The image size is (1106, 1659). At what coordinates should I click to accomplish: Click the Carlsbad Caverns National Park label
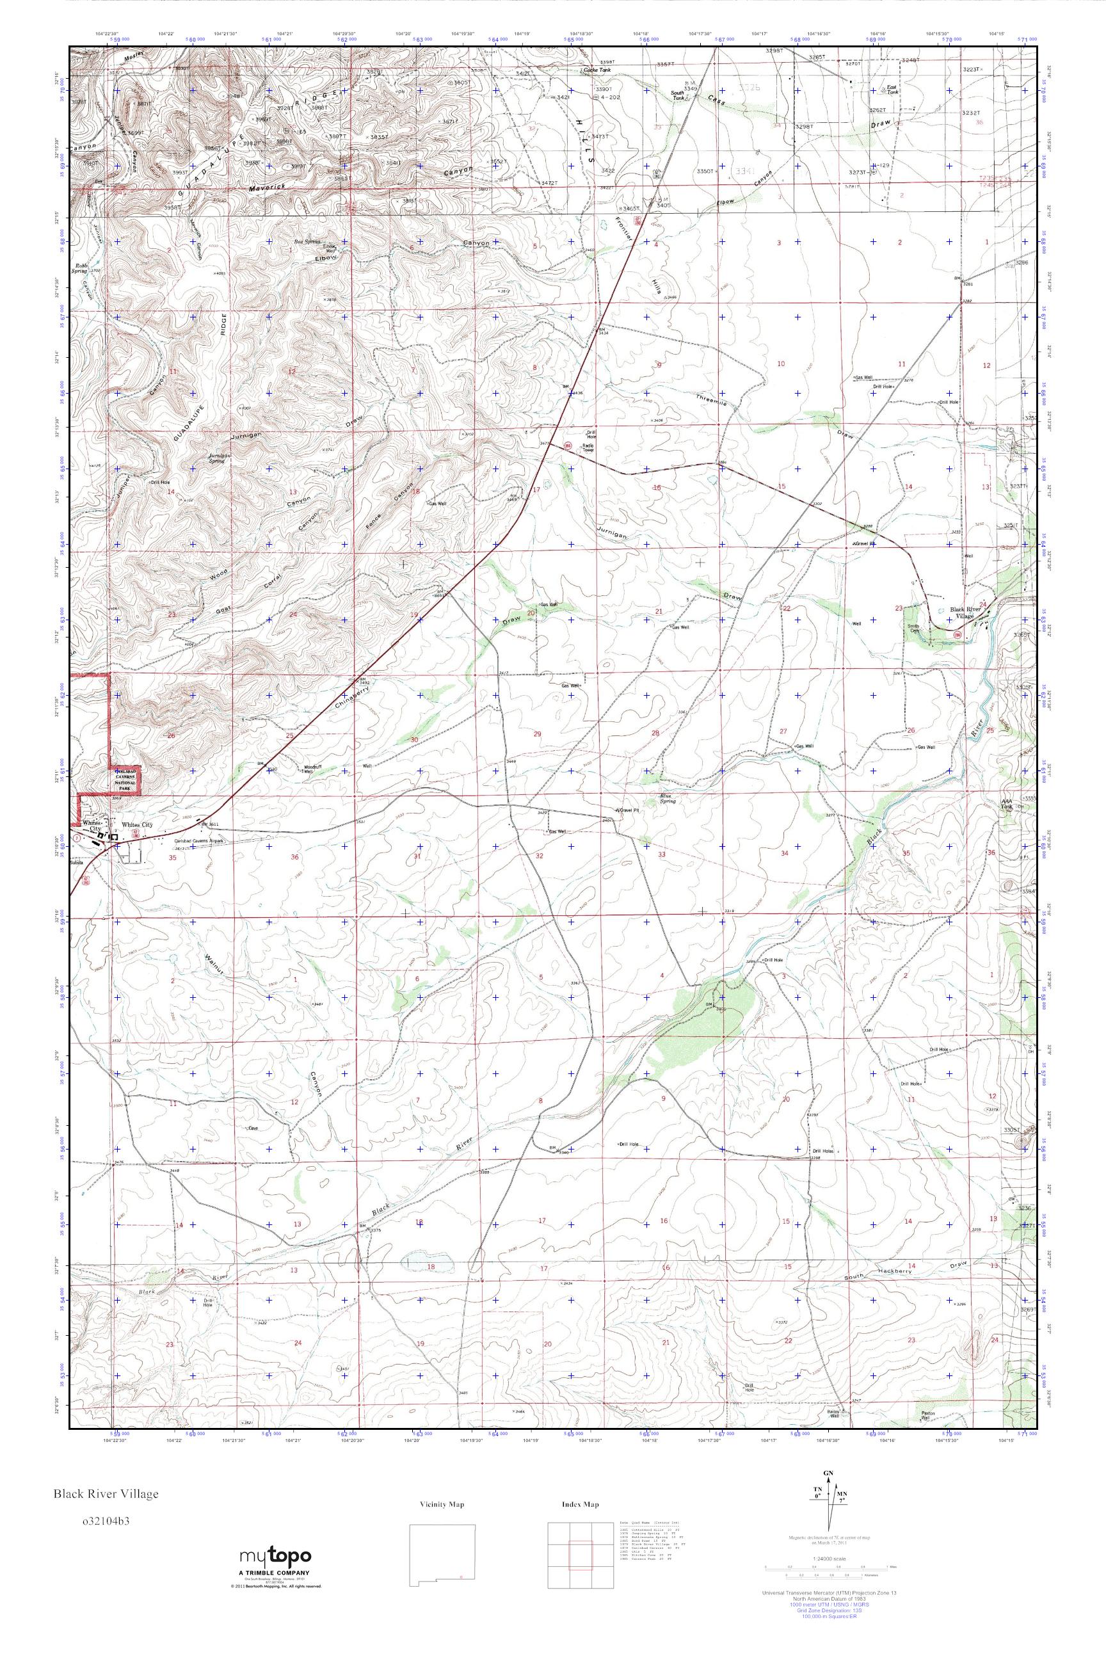(x=124, y=781)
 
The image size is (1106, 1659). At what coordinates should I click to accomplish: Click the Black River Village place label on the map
(x=965, y=613)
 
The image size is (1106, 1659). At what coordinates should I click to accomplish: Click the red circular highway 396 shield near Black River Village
(x=957, y=635)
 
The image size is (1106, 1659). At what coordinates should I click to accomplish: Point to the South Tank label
(x=677, y=95)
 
